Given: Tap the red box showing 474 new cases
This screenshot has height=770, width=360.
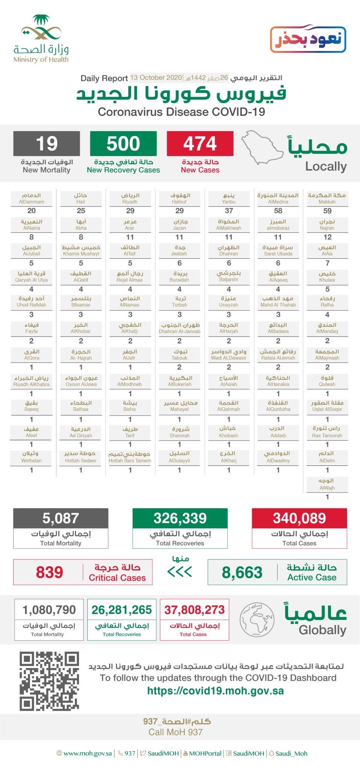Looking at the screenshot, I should tap(200, 143).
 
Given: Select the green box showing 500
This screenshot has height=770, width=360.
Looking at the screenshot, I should tap(123, 143).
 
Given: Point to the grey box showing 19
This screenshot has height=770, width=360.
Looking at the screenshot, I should tap(47, 143).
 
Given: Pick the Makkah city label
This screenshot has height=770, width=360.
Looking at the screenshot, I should tap(327, 198).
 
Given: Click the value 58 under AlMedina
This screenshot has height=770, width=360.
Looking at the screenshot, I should tap(278, 211).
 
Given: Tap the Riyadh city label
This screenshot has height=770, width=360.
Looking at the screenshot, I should tap(130, 198).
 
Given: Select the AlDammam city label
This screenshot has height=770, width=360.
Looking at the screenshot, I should tap(32, 198).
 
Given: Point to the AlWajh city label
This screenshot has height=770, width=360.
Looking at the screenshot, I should tap(327, 484).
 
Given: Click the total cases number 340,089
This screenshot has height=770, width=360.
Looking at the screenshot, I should tap(299, 518).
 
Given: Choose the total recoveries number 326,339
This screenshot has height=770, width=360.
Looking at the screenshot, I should tap(180, 518).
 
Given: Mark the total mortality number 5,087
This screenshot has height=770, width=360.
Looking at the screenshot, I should tap(61, 518).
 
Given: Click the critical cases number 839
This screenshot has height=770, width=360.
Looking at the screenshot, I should tap(49, 572).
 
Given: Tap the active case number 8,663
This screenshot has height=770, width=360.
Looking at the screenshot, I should tap(242, 572).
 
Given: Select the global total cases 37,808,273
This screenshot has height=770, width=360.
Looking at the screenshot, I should tap(194, 609).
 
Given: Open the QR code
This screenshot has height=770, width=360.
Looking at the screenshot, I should tap(49, 681).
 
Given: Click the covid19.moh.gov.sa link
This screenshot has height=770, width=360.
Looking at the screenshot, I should tap(215, 691).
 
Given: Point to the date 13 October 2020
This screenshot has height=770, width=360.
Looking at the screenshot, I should tap(156, 78).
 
